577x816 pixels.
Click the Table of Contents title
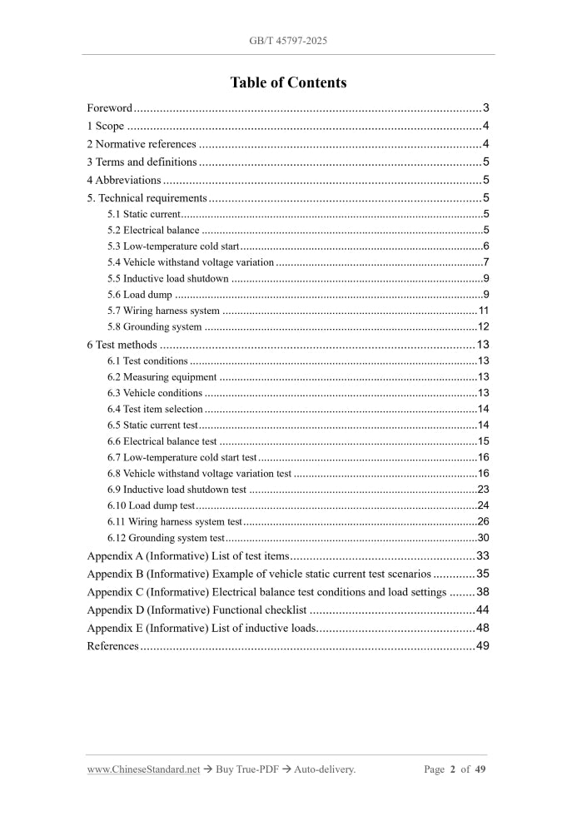point(288,82)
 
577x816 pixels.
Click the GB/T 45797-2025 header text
point(288,40)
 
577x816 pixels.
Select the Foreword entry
point(110,108)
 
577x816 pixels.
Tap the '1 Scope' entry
point(106,127)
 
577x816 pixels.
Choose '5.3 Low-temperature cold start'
point(173,246)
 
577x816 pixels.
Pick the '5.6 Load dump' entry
point(140,295)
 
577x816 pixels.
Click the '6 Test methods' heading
point(122,345)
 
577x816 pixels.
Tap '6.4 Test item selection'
point(155,409)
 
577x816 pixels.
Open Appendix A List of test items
point(187,555)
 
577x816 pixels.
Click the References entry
point(112,646)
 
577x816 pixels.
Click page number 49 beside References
point(481,646)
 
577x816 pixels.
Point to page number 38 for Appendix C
point(481,592)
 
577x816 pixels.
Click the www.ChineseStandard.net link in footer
point(143,769)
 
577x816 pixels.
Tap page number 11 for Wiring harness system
point(483,311)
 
